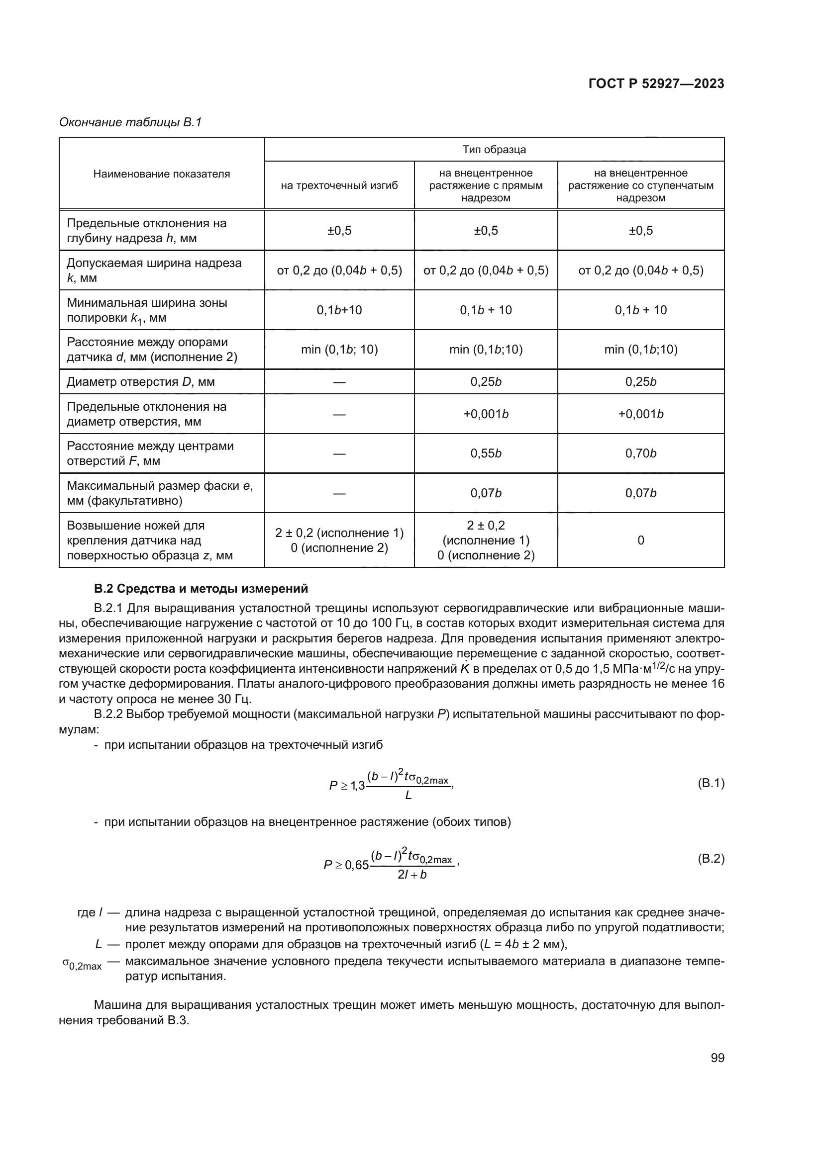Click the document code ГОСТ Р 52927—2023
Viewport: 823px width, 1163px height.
(656, 84)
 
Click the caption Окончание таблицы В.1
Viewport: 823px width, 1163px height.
(130, 122)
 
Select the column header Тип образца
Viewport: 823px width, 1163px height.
(494, 150)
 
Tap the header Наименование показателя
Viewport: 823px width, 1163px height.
(161, 174)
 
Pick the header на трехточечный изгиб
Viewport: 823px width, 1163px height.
(339, 185)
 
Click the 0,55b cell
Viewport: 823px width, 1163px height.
(486, 453)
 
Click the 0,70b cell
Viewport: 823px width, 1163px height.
(640, 453)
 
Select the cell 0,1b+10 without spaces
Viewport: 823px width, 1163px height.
(339, 310)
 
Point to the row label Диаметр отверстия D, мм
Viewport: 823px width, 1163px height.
(140, 382)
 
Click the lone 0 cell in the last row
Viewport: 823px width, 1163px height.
(640, 540)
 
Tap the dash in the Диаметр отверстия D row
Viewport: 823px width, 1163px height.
(339, 382)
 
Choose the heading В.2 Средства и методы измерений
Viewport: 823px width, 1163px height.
(201, 589)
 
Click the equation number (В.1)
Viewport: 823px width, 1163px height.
(711, 783)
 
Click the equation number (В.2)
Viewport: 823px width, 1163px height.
(711, 858)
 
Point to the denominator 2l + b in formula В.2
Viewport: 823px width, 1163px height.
(411, 875)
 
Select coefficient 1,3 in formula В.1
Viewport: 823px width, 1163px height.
(358, 786)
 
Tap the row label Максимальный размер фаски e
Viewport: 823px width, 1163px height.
(160, 493)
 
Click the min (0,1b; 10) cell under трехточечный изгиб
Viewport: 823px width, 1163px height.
(339, 350)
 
